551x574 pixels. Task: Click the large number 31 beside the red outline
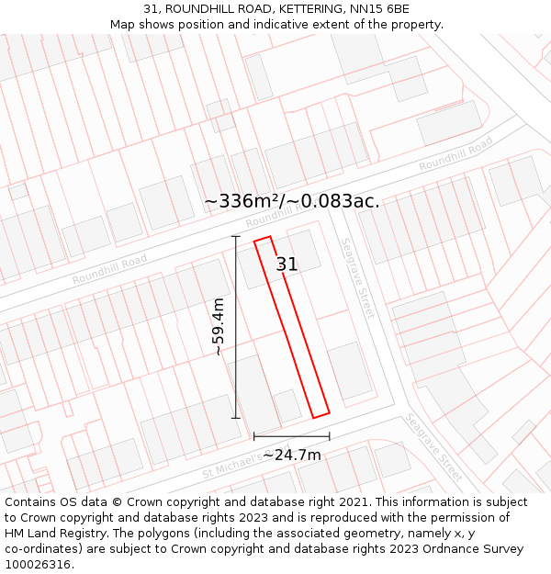(x=287, y=264)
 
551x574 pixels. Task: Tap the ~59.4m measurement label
(x=219, y=327)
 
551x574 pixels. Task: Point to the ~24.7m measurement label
(x=292, y=455)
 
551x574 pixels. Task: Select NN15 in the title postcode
(x=367, y=9)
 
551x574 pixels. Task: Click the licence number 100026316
(x=39, y=565)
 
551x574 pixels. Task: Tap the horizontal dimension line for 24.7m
(x=291, y=436)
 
